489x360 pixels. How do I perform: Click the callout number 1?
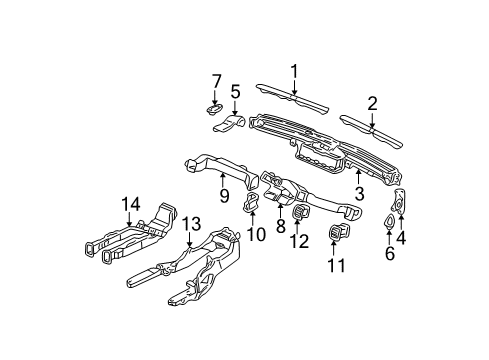click(x=294, y=70)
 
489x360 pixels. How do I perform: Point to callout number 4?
click(x=402, y=237)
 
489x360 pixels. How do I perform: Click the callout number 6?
click(x=389, y=254)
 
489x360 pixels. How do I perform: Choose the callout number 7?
click(x=215, y=80)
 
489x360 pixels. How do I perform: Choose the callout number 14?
click(x=127, y=204)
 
